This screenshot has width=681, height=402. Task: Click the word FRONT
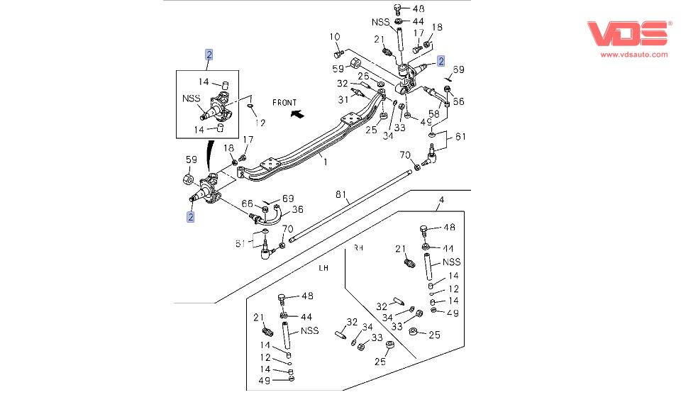tap(284, 103)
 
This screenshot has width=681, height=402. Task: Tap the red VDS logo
tap(627, 33)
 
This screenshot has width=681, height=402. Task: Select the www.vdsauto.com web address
tap(633, 55)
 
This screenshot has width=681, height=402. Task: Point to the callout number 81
tap(341, 194)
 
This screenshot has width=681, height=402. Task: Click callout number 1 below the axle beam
tap(325, 162)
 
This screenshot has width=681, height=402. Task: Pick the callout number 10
tap(334, 37)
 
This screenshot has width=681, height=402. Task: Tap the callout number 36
tap(297, 210)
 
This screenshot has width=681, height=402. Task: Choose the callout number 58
tap(434, 113)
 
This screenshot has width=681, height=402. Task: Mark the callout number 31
tap(343, 100)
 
